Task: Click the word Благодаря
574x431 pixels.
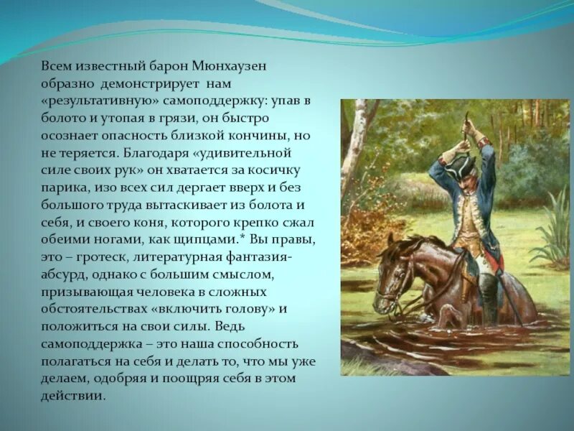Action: coord(155,152)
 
